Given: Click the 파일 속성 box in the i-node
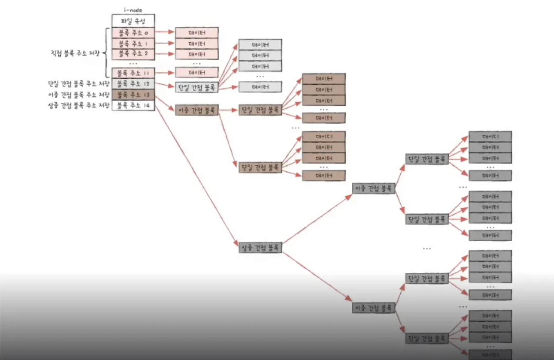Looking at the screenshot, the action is coord(133,21).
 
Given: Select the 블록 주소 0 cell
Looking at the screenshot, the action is coord(133,33).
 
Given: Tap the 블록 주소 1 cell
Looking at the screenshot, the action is coord(133,44).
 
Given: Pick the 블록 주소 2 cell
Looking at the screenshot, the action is coord(133,54).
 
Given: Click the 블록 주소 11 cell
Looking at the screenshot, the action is coord(133,73).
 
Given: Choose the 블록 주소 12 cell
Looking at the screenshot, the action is coord(133,84).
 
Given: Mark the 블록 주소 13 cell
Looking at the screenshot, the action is coord(133,94).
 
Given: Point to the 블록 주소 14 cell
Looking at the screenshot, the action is coord(133,105).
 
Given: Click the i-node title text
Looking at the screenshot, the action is coord(133,10).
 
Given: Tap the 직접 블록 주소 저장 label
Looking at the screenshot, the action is coord(75,53).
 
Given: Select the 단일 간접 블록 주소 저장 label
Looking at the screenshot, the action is coord(79,84).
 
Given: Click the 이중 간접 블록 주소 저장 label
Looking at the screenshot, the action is coord(79,94).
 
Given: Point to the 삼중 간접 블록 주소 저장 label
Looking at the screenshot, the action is coord(79,105).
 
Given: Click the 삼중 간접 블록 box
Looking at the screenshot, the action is coord(260,247).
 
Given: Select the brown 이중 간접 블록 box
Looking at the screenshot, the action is coord(196,110).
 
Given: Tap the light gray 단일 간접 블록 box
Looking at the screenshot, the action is coord(196,87).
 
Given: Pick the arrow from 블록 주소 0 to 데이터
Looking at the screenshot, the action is coord(165,32).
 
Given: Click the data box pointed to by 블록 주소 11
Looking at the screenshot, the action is coord(196,72).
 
